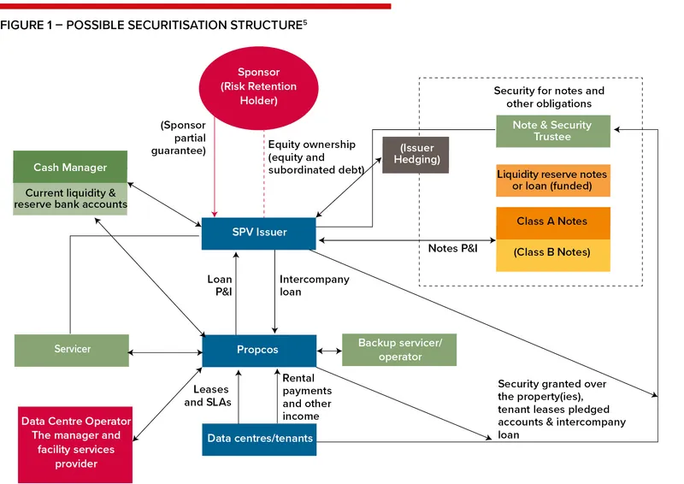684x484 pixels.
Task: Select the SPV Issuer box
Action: click(259, 233)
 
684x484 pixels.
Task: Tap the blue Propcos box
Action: click(259, 350)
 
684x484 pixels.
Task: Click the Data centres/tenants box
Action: click(260, 439)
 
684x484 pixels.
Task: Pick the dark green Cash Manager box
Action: click(71, 167)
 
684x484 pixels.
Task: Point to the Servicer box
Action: click(72, 349)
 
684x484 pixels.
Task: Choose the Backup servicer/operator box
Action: click(399, 350)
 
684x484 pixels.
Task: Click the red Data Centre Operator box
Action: click(76, 442)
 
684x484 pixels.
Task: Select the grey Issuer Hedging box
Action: click(416, 154)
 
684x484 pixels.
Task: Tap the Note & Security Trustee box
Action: click(552, 131)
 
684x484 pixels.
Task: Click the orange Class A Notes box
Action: click(552, 221)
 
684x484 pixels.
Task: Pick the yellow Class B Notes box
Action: click(552, 253)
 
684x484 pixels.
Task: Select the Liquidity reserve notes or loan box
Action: click(552, 180)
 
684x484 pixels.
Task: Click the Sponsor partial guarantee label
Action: click(183, 138)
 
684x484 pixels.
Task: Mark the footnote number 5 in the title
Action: click(304, 21)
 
